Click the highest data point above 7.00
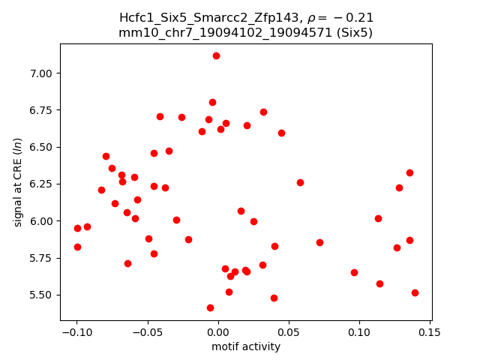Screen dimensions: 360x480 (216, 55)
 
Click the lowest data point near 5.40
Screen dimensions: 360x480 (210, 307)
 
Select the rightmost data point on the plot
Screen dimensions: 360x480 (415, 292)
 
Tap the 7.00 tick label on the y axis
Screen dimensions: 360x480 (43, 73)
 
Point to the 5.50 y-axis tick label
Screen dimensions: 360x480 (43, 295)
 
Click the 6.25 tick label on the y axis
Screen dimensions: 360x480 (43, 184)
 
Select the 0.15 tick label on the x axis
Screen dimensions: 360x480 (430, 332)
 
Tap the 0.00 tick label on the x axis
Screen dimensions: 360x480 (217, 332)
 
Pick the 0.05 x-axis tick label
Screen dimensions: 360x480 (288, 332)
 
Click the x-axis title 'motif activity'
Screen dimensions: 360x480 (246, 346)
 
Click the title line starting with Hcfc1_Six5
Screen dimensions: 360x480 (246, 17)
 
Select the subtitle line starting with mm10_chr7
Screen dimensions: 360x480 (246, 32)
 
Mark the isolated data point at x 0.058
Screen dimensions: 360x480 (300, 182)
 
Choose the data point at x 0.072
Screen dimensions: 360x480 (319, 242)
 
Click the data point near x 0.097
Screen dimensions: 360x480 (354, 272)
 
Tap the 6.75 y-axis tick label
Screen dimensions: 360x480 (43, 109)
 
